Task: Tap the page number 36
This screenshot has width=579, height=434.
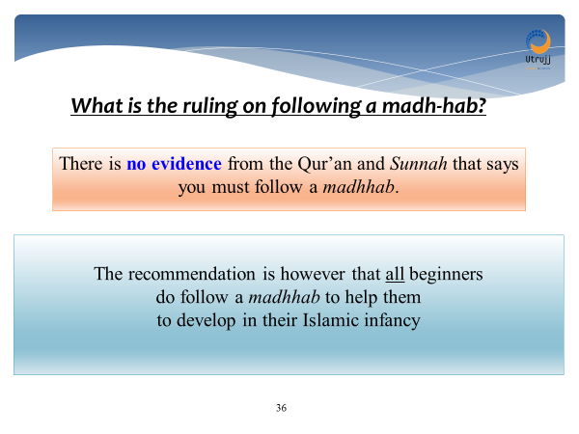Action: (281, 408)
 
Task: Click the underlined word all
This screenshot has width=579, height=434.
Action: (396, 274)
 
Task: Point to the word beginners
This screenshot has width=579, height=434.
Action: (448, 274)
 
